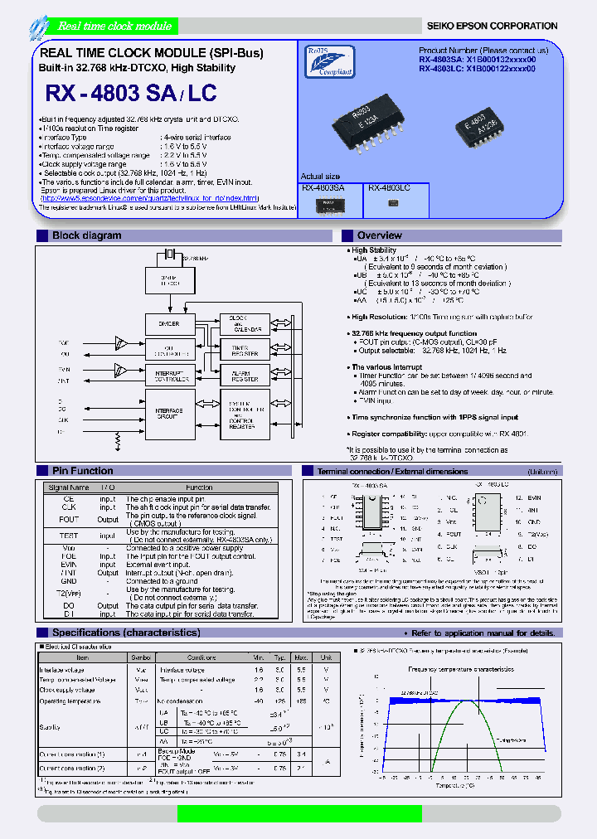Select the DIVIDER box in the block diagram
(x=168, y=324)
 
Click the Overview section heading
(x=380, y=235)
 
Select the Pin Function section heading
(x=83, y=471)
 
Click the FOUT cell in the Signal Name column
(x=69, y=520)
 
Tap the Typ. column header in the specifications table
(x=279, y=657)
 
